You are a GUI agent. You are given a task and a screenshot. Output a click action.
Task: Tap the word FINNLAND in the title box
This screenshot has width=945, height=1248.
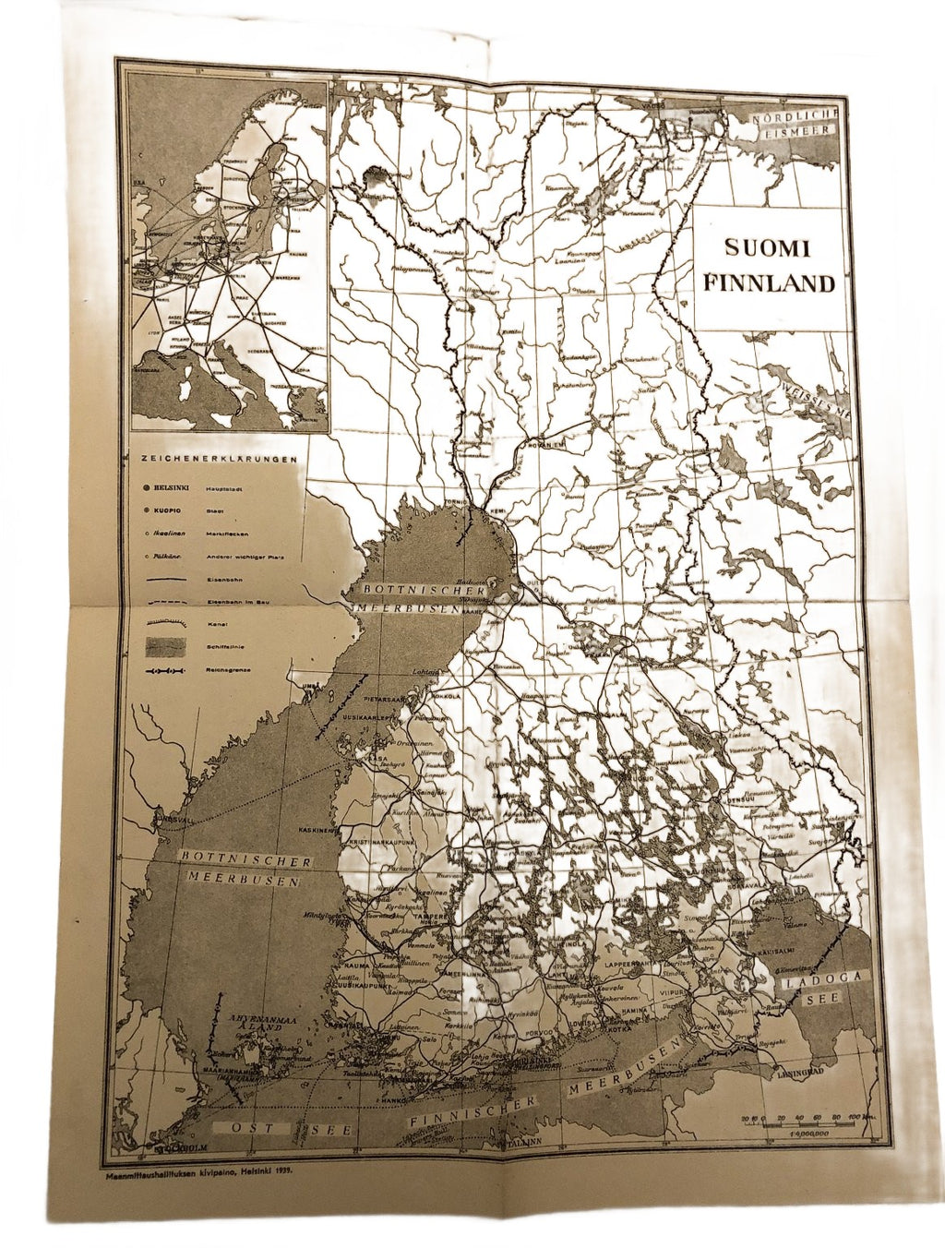pos(769,283)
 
